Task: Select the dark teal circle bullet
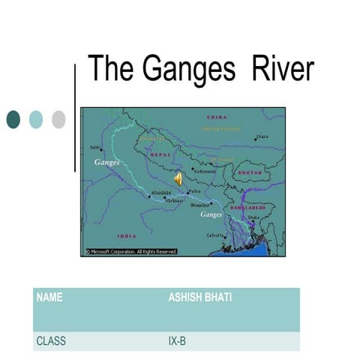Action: pyautogui.click(x=13, y=118)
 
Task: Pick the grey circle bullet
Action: pyautogui.click(x=58, y=118)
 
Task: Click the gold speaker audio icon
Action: pyautogui.click(x=178, y=179)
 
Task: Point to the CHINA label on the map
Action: pyautogui.click(x=217, y=118)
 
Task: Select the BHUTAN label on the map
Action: pyautogui.click(x=249, y=172)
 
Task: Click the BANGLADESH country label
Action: pyautogui.click(x=248, y=206)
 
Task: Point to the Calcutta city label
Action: pyautogui.click(x=215, y=235)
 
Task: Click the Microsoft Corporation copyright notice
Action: pyautogui.click(x=131, y=252)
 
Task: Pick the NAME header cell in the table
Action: pyautogui.click(x=49, y=298)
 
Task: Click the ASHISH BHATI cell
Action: pyautogui.click(x=199, y=298)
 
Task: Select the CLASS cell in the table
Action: pyautogui.click(x=51, y=341)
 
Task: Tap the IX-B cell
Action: pyautogui.click(x=178, y=341)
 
